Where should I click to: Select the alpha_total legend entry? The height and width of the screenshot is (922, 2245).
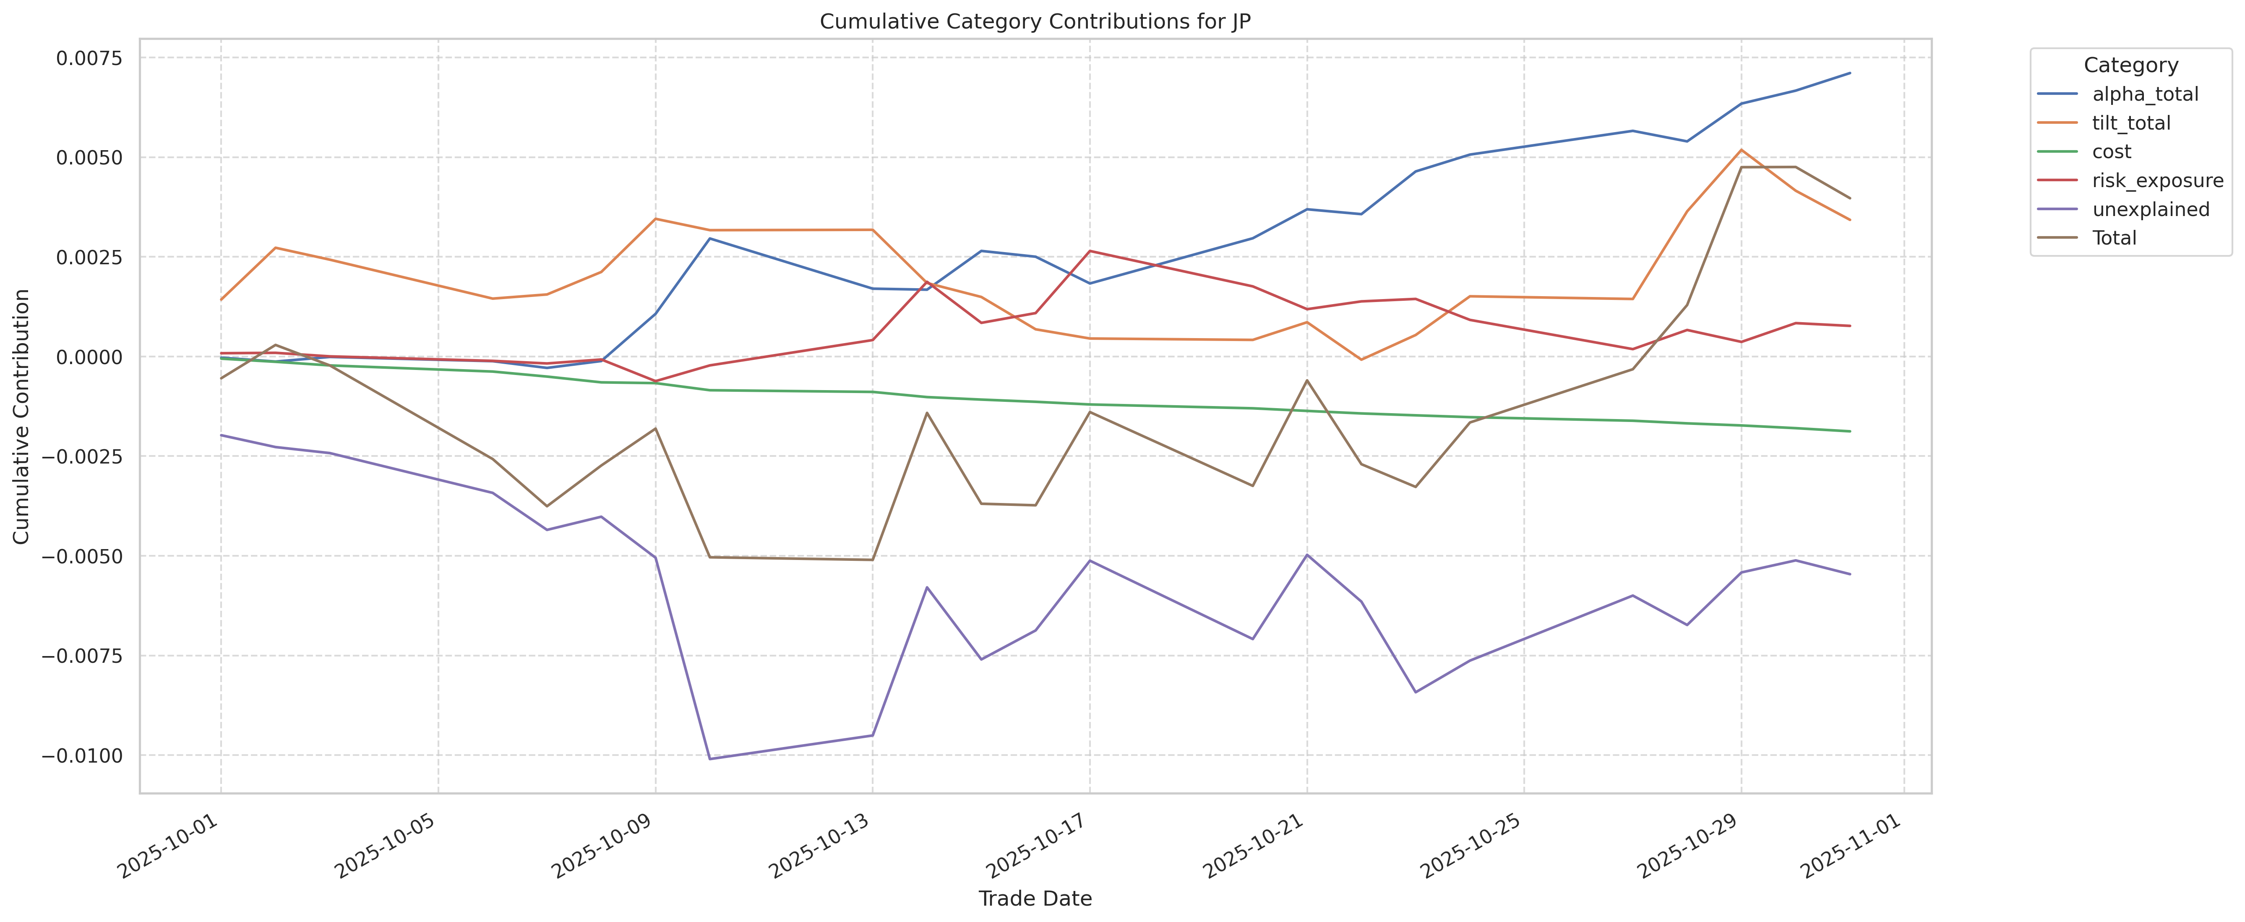pos(2145,94)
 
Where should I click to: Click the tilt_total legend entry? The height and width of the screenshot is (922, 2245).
pos(2131,123)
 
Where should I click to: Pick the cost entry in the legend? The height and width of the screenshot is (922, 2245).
pos(2112,151)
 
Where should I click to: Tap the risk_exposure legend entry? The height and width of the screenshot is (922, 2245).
pos(2157,180)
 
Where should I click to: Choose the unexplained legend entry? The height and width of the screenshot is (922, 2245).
pos(2150,209)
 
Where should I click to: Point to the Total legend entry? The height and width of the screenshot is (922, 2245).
pos(2114,238)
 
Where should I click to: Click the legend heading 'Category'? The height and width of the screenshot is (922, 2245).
pos(2130,65)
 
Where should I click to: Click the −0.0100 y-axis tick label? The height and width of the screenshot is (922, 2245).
pos(83,755)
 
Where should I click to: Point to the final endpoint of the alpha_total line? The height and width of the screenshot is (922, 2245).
pos(1849,73)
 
